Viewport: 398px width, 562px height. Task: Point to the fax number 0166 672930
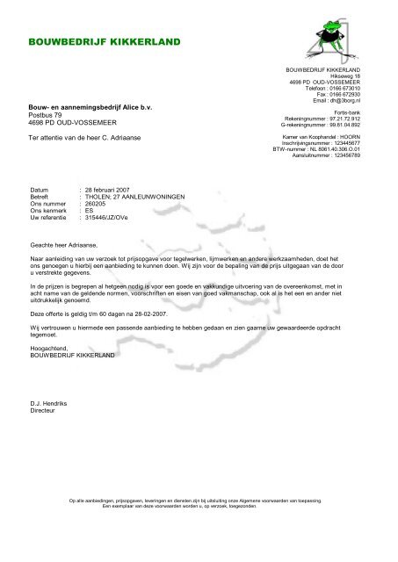(345, 95)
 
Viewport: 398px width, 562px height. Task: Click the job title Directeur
(45, 409)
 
